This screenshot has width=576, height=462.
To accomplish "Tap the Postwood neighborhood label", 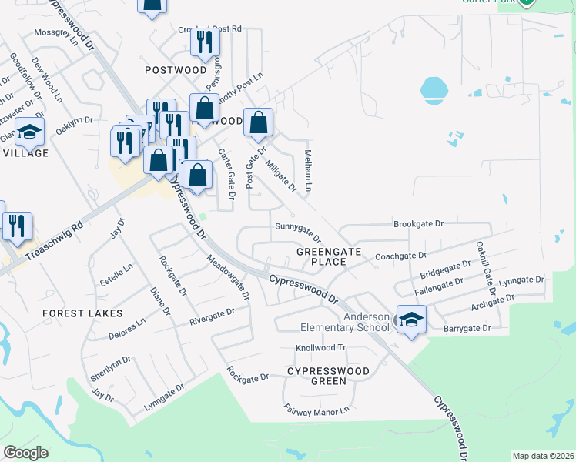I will point(176,70).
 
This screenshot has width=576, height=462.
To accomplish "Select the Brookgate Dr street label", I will point(419,224).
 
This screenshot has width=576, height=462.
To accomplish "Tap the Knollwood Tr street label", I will point(322,348).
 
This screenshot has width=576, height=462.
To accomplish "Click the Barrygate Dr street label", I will point(467,328).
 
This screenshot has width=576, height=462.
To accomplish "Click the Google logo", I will point(26,453).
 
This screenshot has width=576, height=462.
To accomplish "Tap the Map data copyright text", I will point(544,456).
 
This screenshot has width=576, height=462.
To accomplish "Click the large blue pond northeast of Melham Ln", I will point(434,89).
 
